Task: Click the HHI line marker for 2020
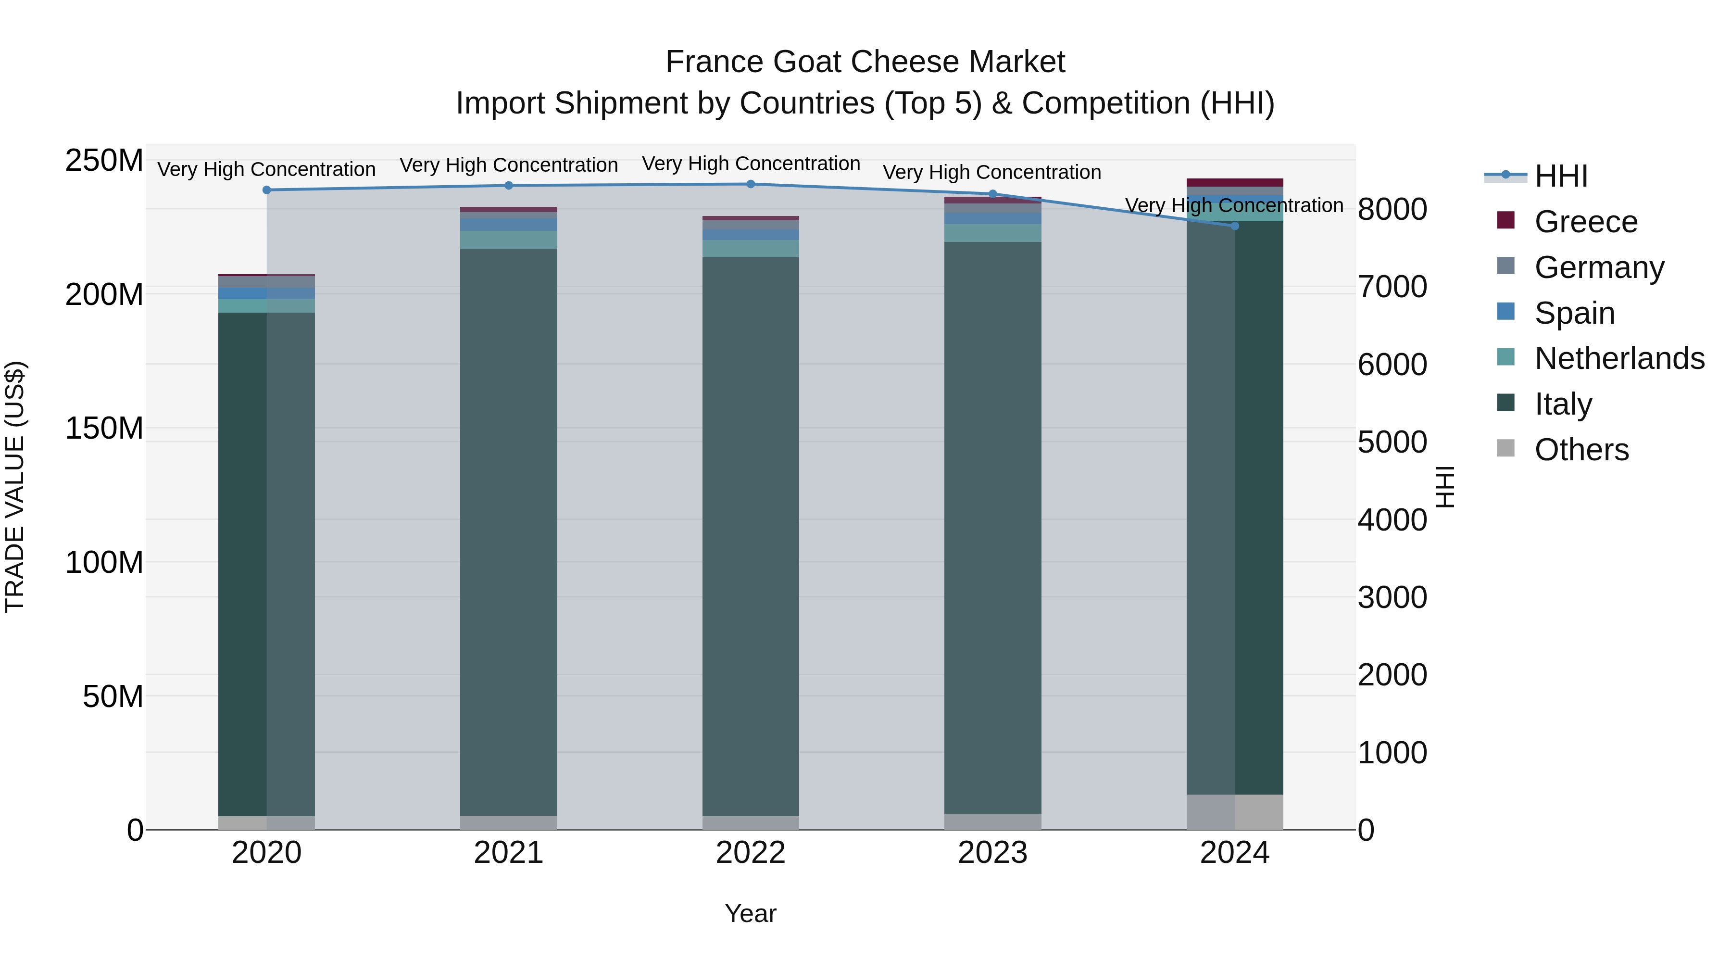click(267, 190)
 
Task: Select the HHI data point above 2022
click(751, 184)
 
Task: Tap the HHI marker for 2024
click(1234, 226)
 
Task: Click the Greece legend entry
click(1585, 222)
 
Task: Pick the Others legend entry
click(1581, 450)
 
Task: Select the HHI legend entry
click(1560, 176)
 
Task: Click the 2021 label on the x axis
click(509, 853)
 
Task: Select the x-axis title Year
click(751, 913)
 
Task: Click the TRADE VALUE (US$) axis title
click(15, 487)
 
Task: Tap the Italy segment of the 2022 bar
click(751, 538)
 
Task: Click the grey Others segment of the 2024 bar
click(1234, 812)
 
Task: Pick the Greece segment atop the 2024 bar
click(1234, 183)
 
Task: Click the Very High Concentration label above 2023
click(992, 172)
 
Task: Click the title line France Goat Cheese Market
click(865, 62)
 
